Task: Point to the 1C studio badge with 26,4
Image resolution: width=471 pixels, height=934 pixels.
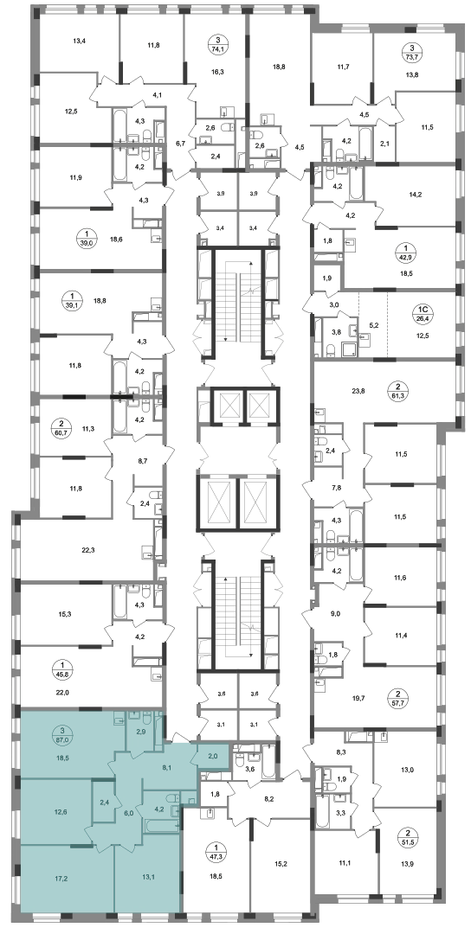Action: (422, 313)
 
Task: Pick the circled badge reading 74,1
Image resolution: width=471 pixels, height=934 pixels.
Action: (217, 46)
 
